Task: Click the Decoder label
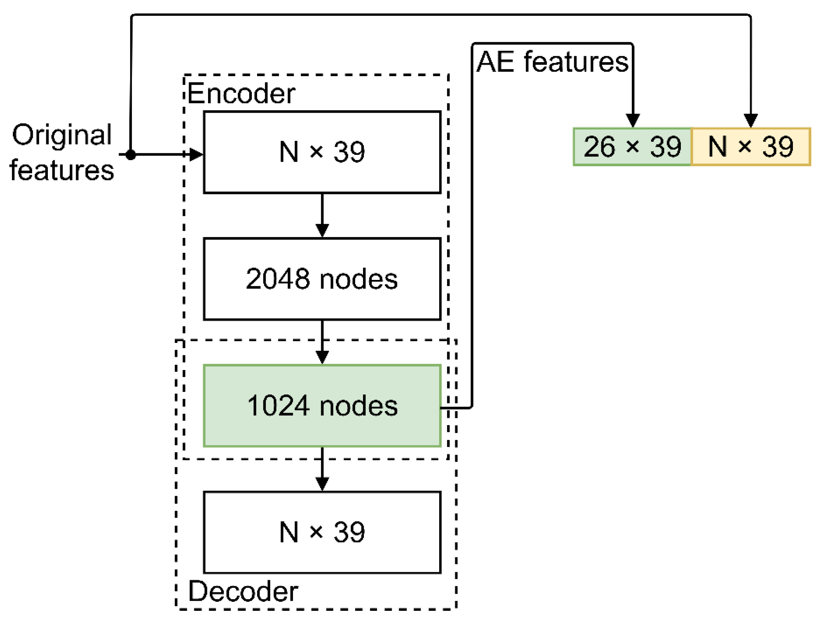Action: click(243, 591)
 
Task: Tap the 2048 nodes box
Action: click(322, 279)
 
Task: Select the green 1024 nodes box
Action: click(322, 405)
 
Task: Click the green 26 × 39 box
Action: click(632, 147)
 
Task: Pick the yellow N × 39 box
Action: click(751, 147)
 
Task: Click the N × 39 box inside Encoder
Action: click(322, 152)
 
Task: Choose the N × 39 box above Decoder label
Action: click(322, 532)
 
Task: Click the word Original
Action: click(62, 135)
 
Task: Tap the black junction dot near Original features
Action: click(130, 154)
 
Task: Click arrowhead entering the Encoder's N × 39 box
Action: click(196, 154)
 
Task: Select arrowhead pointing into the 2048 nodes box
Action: click(322, 230)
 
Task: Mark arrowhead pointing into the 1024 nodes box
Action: click(322, 357)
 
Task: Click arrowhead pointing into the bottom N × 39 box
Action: click(322, 483)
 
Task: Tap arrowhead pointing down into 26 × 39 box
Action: click(633, 120)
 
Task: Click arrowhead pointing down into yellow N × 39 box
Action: click(751, 120)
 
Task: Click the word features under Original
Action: click(62, 170)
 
